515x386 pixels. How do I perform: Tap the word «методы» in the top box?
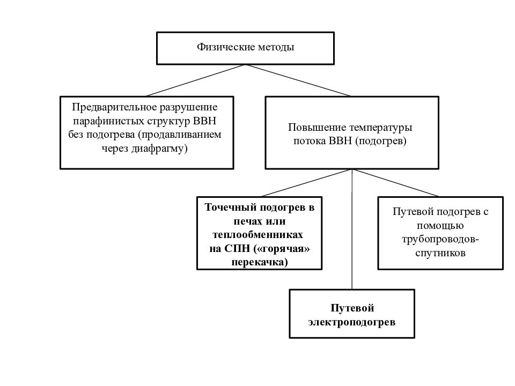point(276,47)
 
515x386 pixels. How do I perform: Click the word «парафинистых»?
point(108,121)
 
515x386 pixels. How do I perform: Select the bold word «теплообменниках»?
point(258,235)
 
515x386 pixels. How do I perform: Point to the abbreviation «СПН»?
point(237,249)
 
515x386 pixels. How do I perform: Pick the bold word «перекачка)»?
point(260,263)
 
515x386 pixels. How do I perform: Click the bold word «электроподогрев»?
point(352,322)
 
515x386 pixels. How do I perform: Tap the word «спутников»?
point(440,254)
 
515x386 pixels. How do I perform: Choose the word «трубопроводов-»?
point(440,240)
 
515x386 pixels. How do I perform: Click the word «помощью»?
point(440,226)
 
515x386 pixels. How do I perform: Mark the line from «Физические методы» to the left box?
point(196,80)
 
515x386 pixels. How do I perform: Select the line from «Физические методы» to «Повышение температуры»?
point(298,80)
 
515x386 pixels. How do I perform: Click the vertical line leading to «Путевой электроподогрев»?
point(352,229)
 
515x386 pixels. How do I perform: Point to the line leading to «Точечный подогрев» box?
point(307,183)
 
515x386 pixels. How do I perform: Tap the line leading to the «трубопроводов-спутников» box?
point(395,183)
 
